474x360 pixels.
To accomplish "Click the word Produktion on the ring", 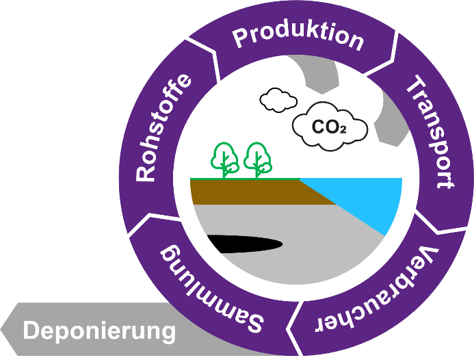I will coord(298,38).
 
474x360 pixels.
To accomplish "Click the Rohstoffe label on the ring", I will coord(163,130).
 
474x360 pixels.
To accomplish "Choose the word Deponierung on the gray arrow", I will coord(99,331).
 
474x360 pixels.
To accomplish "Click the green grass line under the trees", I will coord(243,179).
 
